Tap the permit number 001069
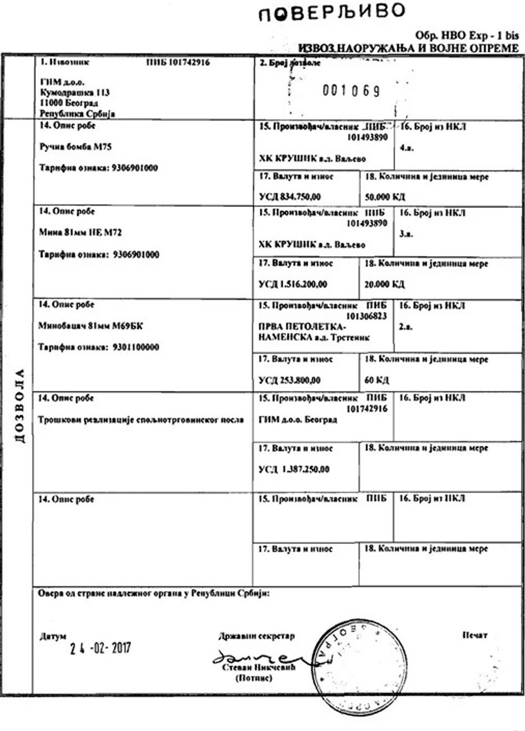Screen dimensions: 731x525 351,90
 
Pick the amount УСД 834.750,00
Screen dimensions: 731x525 289,197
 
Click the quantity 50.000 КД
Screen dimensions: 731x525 385,197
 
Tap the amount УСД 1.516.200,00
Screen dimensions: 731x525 293,284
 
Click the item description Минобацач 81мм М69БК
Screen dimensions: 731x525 87,326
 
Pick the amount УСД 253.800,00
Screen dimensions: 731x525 289,380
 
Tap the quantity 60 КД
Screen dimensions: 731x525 376,380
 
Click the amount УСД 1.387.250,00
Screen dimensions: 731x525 294,469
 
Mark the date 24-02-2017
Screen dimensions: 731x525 101,648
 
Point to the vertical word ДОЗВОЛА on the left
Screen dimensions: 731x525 20,405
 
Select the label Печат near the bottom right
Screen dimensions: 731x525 475,635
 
